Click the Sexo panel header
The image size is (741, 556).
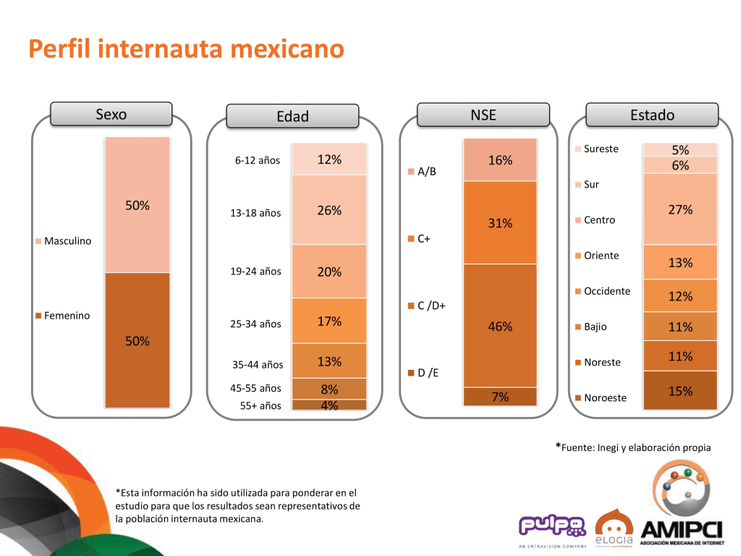pyautogui.click(x=111, y=114)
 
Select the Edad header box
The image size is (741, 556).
pyautogui.click(x=292, y=117)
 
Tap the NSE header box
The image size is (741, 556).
pyautogui.click(x=483, y=114)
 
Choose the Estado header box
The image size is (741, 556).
pyautogui.click(x=651, y=114)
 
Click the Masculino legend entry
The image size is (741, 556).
pyautogui.click(x=64, y=241)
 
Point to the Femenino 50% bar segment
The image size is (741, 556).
pyautogui.click(x=137, y=340)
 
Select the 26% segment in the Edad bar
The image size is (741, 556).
pyautogui.click(x=329, y=211)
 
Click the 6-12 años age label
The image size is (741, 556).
pyautogui.click(x=257, y=161)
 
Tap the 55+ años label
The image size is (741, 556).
pyautogui.click(x=261, y=405)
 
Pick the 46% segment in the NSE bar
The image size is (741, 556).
pyautogui.click(x=500, y=327)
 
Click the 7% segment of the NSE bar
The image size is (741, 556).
pyautogui.click(x=500, y=397)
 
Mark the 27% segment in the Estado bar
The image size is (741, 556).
pyautogui.click(x=680, y=209)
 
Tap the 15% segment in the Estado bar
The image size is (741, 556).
pyautogui.click(x=680, y=391)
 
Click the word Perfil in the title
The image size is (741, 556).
pyautogui.click(x=59, y=49)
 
